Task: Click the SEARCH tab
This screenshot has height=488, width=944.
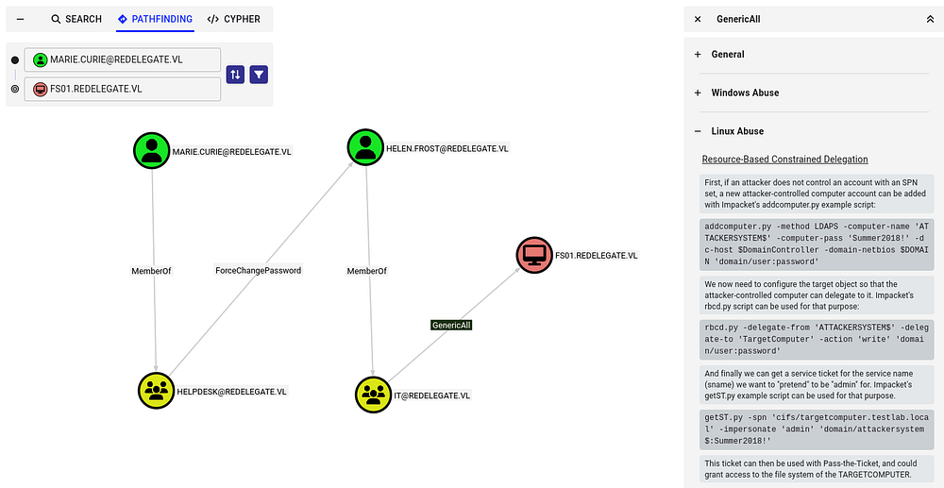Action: click(76, 19)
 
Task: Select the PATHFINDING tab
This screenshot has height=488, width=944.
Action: click(156, 19)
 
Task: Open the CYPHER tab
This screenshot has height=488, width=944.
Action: click(233, 19)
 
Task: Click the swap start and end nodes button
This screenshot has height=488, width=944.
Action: click(235, 75)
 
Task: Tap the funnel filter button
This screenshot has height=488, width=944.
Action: click(259, 75)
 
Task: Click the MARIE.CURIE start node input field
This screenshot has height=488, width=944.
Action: click(123, 59)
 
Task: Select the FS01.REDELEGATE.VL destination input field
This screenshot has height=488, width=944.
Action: click(123, 89)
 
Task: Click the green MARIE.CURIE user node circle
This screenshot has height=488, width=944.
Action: click(151, 151)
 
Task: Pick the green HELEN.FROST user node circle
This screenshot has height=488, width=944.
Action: click(364, 148)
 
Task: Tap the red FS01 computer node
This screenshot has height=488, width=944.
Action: click(534, 255)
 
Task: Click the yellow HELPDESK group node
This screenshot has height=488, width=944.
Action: click(156, 391)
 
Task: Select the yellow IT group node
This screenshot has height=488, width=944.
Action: click(373, 395)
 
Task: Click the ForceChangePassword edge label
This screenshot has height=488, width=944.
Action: click(258, 271)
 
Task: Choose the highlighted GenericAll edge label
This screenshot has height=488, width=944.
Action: click(451, 325)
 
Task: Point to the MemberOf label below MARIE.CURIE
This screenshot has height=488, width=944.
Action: click(152, 271)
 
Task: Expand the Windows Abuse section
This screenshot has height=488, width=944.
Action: click(745, 93)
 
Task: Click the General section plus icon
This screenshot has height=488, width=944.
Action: click(699, 55)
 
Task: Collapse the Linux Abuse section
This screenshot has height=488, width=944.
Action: click(699, 131)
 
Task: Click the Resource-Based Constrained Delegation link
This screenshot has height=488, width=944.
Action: click(784, 160)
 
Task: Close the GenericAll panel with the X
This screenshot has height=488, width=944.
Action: click(698, 19)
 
